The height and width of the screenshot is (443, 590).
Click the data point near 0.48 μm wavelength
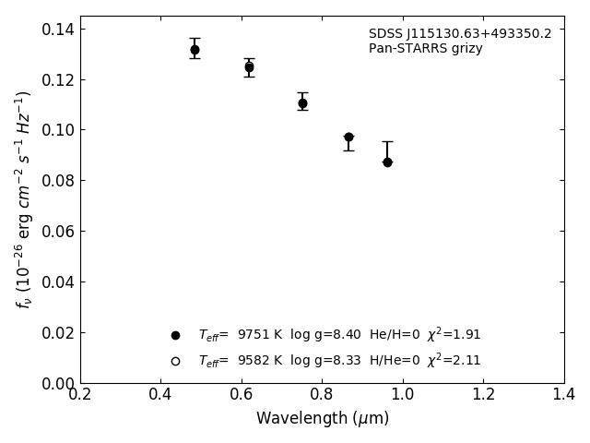tap(195, 50)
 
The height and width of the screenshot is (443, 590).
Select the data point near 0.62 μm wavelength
tap(249, 67)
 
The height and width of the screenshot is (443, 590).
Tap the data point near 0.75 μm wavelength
tap(302, 103)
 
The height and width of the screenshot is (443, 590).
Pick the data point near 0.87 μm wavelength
tap(348, 137)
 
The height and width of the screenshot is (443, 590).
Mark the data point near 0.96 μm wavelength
tap(387, 162)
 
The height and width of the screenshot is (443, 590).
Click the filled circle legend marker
tap(175, 335)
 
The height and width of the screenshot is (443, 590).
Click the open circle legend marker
tap(175, 361)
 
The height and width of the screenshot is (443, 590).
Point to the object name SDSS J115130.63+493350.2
tap(460, 34)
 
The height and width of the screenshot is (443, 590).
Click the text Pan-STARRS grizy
tap(425, 49)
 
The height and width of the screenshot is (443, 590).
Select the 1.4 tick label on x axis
tap(564, 395)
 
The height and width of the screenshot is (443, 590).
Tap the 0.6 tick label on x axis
tap(242, 395)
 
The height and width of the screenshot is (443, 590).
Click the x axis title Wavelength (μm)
tap(323, 419)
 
